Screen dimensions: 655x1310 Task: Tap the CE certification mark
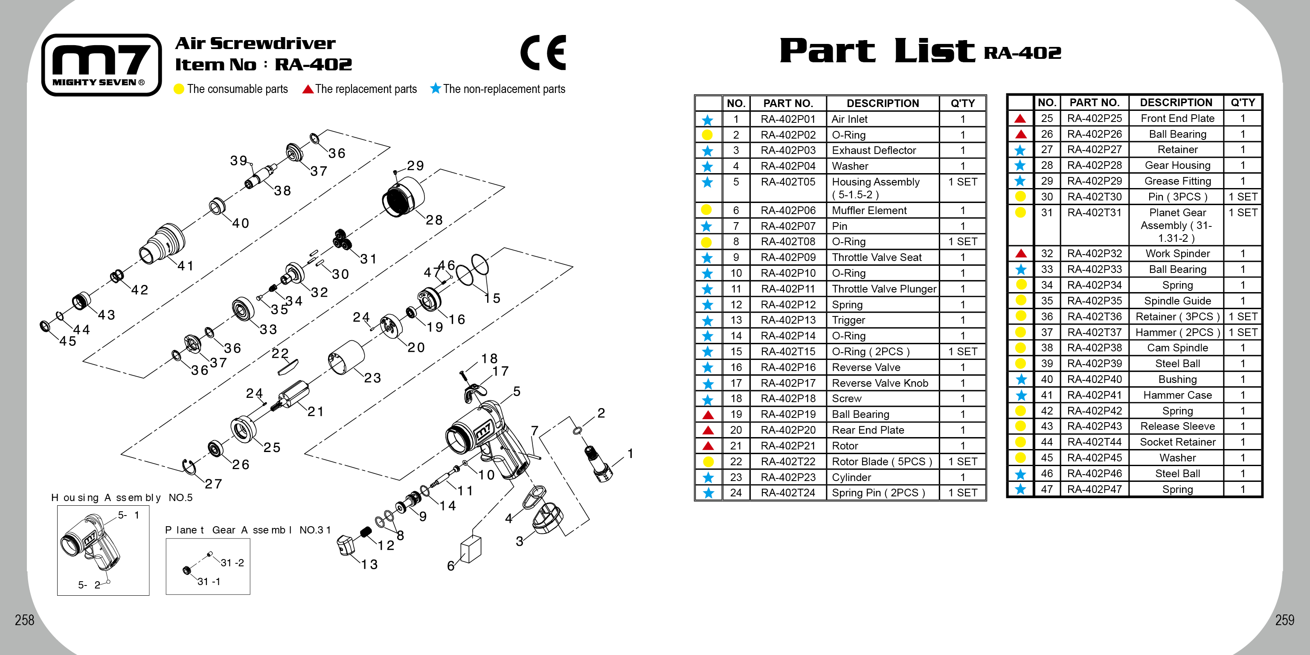[x=543, y=52]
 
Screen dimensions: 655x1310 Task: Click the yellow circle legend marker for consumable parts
[x=178, y=89]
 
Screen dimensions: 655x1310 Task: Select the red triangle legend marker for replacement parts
[x=308, y=89]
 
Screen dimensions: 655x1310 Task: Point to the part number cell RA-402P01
[x=788, y=119]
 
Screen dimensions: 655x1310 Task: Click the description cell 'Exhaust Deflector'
[x=874, y=151]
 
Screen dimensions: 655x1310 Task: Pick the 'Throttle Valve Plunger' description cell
[x=883, y=289]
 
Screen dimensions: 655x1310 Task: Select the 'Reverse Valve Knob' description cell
[x=880, y=383]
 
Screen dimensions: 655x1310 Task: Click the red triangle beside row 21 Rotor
[x=707, y=446]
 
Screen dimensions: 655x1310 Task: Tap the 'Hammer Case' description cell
[x=1177, y=395]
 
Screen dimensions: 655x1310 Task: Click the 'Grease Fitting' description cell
[x=1177, y=181]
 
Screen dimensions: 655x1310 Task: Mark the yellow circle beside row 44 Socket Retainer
[x=1020, y=442]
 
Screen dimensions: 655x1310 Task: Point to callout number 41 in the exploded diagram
[x=186, y=266]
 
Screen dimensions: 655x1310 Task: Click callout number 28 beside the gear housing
[x=434, y=220]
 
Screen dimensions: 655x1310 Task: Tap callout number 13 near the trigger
[x=369, y=564]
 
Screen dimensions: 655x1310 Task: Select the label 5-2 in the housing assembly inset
[x=89, y=585]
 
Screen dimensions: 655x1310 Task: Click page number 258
[x=24, y=620]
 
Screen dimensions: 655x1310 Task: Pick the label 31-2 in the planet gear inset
[x=232, y=562]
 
